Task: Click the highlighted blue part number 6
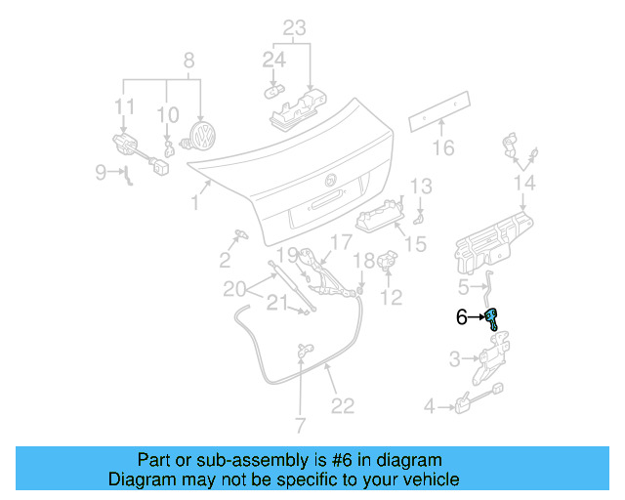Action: click(x=492, y=316)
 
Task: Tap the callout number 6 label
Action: click(x=462, y=316)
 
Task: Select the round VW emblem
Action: click(x=201, y=136)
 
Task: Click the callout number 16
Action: click(x=443, y=148)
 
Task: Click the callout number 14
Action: click(x=524, y=183)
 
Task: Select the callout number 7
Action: click(x=300, y=426)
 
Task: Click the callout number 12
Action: click(x=391, y=298)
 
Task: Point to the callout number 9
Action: click(x=101, y=173)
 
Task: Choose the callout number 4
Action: click(x=429, y=405)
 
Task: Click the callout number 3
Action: click(x=454, y=359)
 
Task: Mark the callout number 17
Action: click(x=340, y=241)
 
